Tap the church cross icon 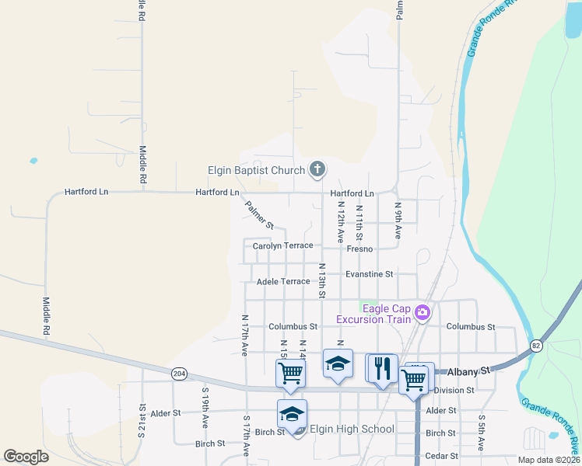(x=317, y=169)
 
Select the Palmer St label (x=259, y=215)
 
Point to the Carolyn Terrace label (x=283, y=245)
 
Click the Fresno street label (x=360, y=249)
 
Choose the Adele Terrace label (x=283, y=281)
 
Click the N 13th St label (x=321, y=280)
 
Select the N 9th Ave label (x=398, y=221)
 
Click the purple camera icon (x=422, y=313)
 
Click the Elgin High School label (x=352, y=429)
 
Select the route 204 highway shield (x=178, y=373)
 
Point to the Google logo (x=26, y=457)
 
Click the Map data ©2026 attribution (x=549, y=460)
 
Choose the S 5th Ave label (x=482, y=433)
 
